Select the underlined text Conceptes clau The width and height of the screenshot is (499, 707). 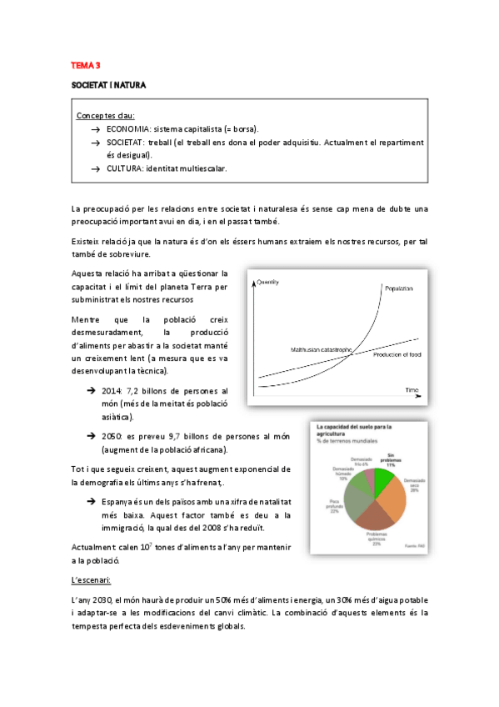(x=106, y=115)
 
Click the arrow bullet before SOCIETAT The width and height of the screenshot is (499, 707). (x=96, y=143)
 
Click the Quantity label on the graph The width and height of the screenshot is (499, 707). (x=268, y=283)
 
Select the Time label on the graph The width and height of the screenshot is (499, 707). (x=412, y=389)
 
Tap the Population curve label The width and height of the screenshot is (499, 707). (x=398, y=288)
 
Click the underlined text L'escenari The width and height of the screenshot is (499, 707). (x=92, y=579)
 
